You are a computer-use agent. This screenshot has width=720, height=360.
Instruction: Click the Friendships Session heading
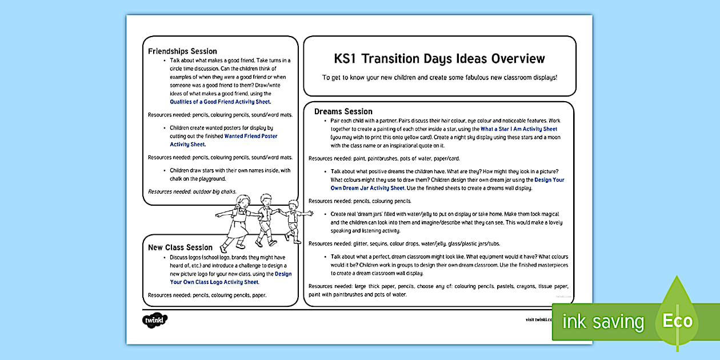tap(182, 51)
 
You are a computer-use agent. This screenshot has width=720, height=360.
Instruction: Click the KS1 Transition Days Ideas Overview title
tap(439, 59)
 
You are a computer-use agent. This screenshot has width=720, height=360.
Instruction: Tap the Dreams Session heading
tap(343, 111)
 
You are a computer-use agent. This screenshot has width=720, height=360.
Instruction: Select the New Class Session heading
tap(180, 247)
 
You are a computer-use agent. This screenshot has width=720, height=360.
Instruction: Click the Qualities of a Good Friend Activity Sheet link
tap(220, 102)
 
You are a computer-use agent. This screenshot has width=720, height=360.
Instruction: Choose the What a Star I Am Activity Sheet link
tap(518, 129)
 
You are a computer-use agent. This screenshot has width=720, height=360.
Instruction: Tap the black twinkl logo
tap(154, 319)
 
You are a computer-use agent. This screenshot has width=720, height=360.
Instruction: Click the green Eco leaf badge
tap(678, 321)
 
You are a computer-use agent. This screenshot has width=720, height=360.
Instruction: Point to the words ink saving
tap(603, 322)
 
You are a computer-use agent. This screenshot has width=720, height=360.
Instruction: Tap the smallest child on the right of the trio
tap(294, 220)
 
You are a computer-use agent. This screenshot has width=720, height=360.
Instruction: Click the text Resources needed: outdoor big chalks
tap(192, 192)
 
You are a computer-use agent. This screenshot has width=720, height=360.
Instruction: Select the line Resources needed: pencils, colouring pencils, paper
tap(207, 295)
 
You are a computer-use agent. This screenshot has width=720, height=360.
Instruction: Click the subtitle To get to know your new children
tap(439, 78)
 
